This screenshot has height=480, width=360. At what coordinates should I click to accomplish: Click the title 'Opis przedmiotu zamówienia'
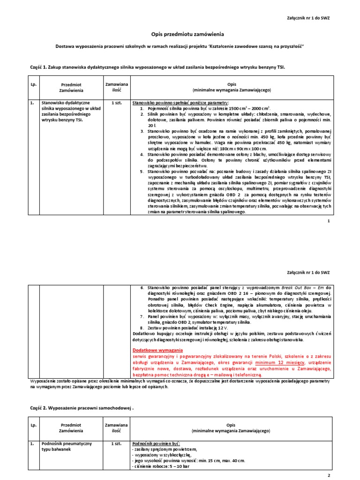[180, 34]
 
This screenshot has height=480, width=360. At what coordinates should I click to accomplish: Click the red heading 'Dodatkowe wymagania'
[158, 350]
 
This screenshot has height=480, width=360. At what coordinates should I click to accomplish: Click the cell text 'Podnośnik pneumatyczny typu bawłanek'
[67, 446]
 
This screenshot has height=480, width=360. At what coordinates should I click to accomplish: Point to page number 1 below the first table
[329, 220]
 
